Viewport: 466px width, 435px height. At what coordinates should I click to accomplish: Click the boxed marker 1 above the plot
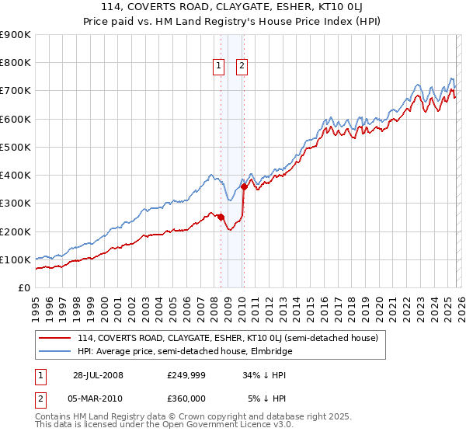pyautogui.click(x=220, y=67)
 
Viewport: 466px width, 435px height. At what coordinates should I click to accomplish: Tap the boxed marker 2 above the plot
pyautogui.click(x=242, y=67)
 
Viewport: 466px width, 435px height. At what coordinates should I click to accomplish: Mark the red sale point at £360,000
pyautogui.click(x=244, y=186)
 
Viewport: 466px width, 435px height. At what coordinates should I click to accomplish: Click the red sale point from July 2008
pyautogui.click(x=221, y=217)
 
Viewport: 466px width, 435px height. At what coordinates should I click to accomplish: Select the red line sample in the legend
pyautogui.click(x=55, y=338)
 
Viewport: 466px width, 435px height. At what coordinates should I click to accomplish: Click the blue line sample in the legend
pyautogui.click(x=55, y=351)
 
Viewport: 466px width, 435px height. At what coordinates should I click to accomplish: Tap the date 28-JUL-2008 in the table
pyautogui.click(x=98, y=375)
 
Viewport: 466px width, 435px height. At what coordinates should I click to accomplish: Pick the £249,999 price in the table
pyautogui.click(x=186, y=375)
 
